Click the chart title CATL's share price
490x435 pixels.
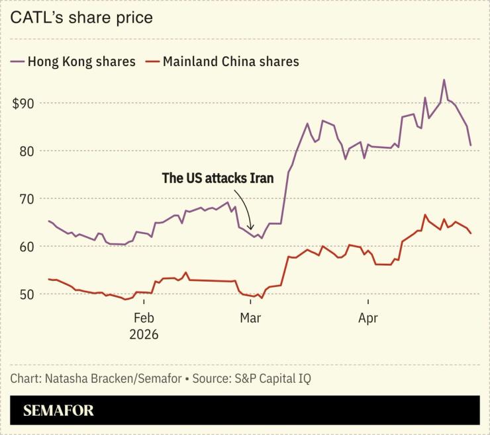pyautogui.click(x=81, y=17)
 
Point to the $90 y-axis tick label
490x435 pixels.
pyautogui.click(x=24, y=103)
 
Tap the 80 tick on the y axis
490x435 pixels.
pyautogui.click(x=27, y=151)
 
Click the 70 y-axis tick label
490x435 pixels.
pyautogui.click(x=27, y=198)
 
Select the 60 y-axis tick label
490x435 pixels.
pyautogui.click(x=27, y=246)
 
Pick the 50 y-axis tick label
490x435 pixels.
pyautogui.click(x=27, y=294)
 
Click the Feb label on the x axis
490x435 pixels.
pyautogui.click(x=144, y=319)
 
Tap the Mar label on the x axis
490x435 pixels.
pyautogui.click(x=250, y=319)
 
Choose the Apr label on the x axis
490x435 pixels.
pyautogui.click(x=367, y=319)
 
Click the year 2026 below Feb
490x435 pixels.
pyautogui.click(x=144, y=335)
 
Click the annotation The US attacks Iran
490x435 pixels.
pyautogui.click(x=218, y=178)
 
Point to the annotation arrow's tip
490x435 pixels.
pyautogui.click(x=251, y=229)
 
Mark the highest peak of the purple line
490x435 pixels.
pyautogui.click(x=444, y=80)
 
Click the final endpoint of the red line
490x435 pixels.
pyautogui.click(x=471, y=233)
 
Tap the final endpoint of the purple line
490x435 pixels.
pyautogui.click(x=471, y=145)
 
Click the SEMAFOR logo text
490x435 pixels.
pyautogui.click(x=58, y=411)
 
